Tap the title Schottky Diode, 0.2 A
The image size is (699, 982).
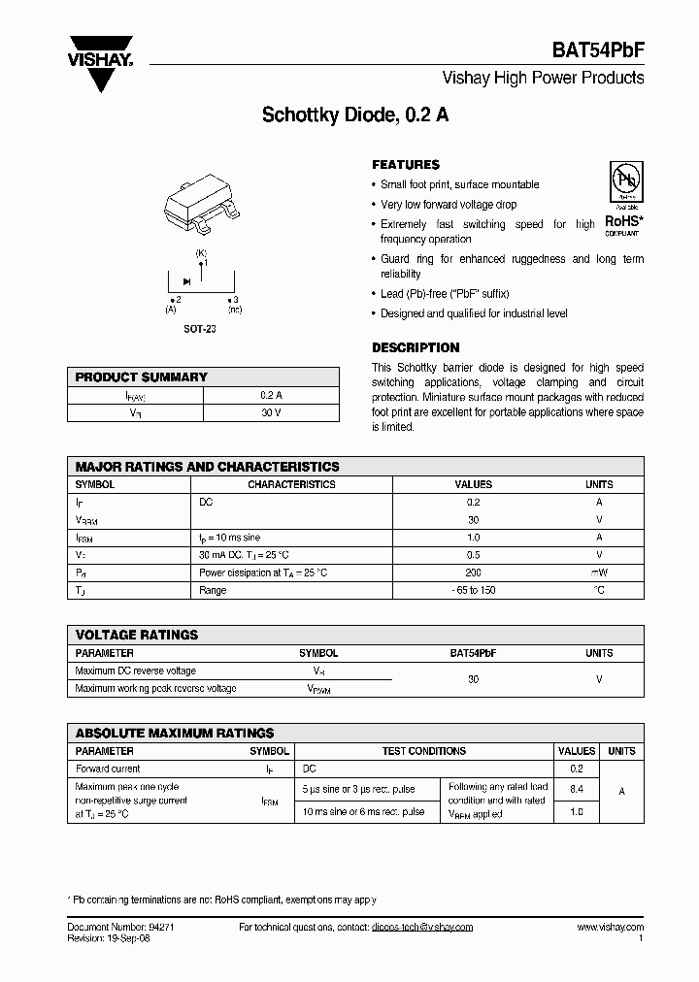[355, 114]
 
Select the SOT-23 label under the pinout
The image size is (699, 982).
[201, 330]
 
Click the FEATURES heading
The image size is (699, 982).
[406, 165]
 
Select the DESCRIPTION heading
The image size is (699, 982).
[416, 347]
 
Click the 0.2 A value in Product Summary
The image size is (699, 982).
[271, 396]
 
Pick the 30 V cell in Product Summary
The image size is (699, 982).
[271, 413]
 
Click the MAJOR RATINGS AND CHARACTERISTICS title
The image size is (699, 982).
[207, 467]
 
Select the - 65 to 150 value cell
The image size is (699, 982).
[473, 590]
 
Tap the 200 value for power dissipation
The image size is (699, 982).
[473, 573]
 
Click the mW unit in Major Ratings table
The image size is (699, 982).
[599, 573]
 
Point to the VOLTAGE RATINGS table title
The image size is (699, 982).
[137, 635]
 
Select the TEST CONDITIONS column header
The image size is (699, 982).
[423, 751]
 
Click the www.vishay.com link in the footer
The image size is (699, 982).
[610, 928]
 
